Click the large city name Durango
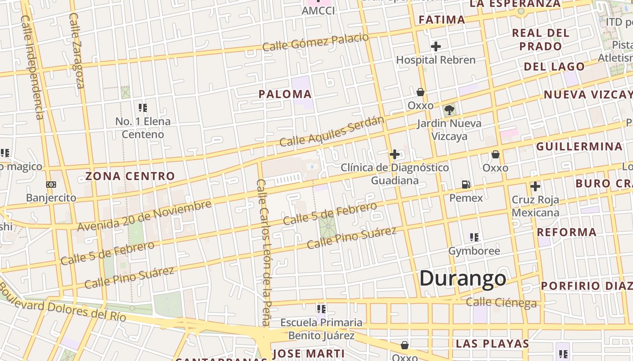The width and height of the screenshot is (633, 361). tap(463, 278)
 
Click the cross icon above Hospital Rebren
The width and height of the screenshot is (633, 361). tap(436, 46)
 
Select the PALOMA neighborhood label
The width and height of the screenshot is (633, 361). tap(285, 94)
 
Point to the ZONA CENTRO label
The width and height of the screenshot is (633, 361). tap(130, 176)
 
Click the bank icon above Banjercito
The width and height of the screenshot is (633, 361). tap(51, 185)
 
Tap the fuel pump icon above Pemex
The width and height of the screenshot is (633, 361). tap(466, 185)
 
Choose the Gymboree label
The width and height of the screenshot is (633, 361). tap(474, 251)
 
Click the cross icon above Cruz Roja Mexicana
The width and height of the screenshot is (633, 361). tap(535, 186)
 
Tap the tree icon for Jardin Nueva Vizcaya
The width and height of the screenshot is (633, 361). tap(449, 110)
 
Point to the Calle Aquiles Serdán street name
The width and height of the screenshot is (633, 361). tap(332, 131)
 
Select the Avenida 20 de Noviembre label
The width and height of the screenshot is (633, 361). tap(144, 215)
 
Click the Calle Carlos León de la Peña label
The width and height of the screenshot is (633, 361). tap(263, 252)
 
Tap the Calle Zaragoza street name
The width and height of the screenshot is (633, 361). tap(77, 50)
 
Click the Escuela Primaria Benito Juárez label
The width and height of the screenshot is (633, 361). tap(321, 329)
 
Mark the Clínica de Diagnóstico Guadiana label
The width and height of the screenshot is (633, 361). tap(395, 174)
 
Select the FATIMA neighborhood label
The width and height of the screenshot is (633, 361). tap(442, 19)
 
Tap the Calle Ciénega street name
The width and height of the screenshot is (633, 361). tap(501, 302)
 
